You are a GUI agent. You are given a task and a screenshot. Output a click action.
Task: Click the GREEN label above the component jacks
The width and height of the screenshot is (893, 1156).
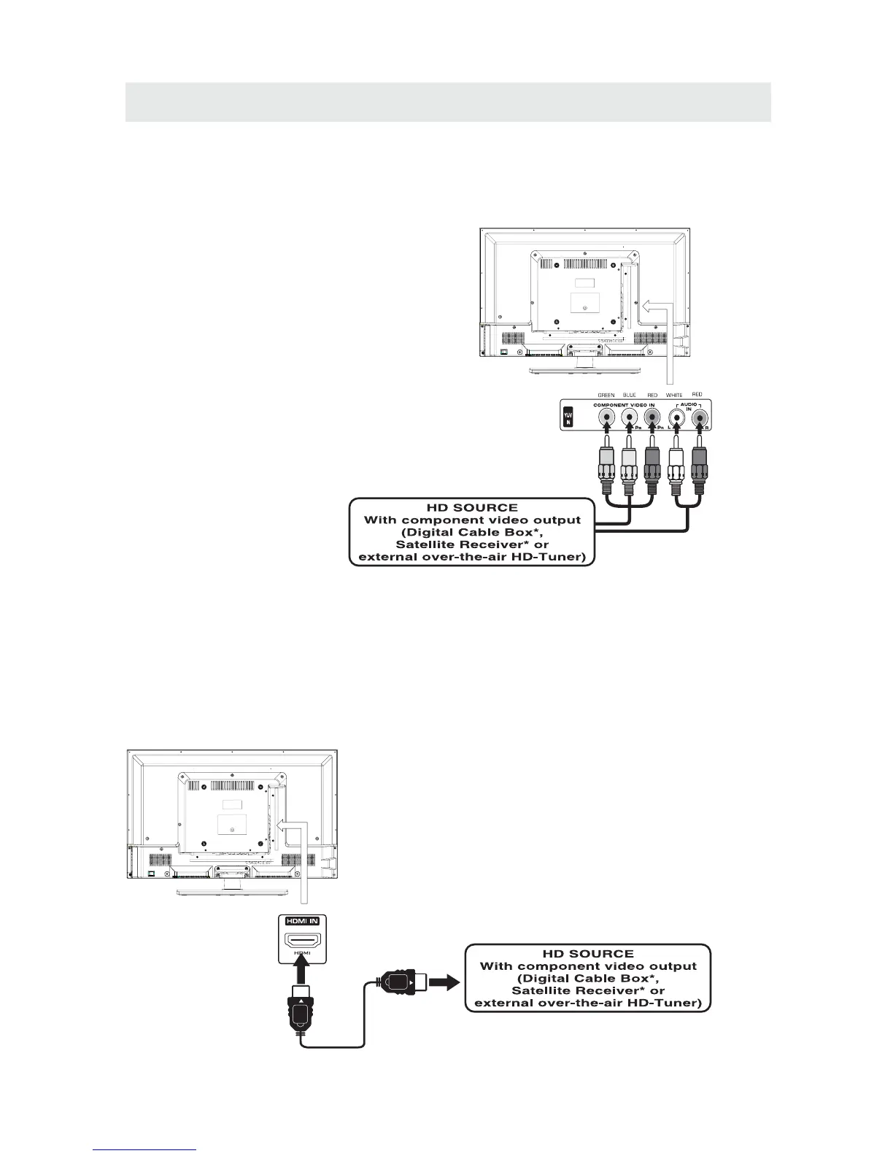(606, 395)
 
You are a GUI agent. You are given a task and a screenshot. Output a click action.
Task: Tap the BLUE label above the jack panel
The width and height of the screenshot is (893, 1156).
(629, 395)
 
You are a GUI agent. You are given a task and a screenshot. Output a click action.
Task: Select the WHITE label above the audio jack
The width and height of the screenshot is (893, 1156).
(674, 395)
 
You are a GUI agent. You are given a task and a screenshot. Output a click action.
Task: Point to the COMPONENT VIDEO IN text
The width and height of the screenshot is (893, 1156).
(623, 405)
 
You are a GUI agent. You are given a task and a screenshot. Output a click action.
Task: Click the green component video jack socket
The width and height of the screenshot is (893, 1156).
(606, 418)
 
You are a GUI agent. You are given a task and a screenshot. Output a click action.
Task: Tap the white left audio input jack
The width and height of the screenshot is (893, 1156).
(676, 418)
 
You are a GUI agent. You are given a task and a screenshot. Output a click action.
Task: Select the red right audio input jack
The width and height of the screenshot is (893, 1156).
(700, 418)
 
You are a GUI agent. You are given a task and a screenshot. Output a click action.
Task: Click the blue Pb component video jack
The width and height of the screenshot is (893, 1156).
(629, 418)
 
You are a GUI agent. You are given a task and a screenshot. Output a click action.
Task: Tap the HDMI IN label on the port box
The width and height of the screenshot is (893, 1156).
(303, 920)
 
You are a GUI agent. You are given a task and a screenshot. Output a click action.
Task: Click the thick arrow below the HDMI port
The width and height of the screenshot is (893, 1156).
(302, 971)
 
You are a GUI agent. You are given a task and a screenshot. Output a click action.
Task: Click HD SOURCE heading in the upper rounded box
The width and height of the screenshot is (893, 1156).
(472, 507)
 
